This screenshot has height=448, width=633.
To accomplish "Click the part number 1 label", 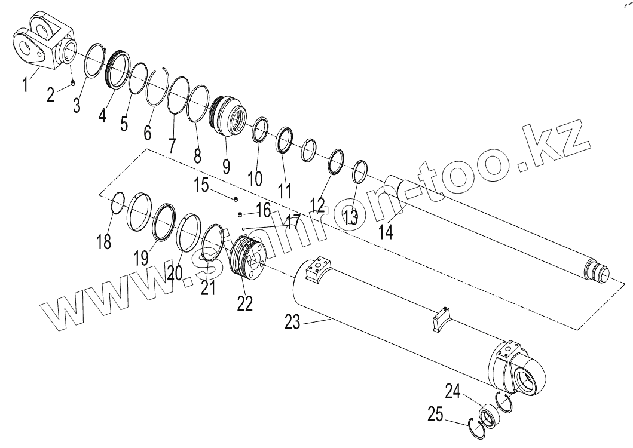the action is pyautogui.click(x=25, y=85).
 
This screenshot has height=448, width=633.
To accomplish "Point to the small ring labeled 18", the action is pyautogui.click(x=117, y=202).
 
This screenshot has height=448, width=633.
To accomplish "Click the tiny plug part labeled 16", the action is pyautogui.click(x=240, y=214).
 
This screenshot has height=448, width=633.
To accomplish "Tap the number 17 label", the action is pyautogui.click(x=292, y=223).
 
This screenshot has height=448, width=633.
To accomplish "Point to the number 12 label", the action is pyautogui.click(x=317, y=205).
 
